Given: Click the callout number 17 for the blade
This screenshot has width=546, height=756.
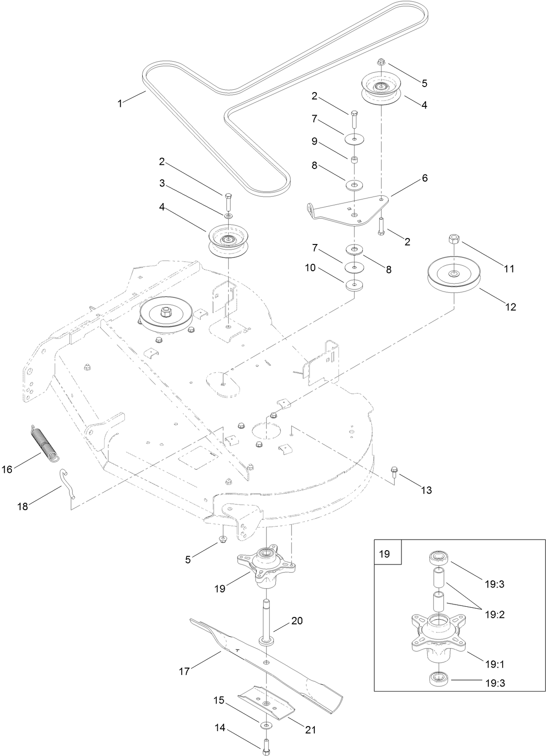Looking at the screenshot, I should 184,672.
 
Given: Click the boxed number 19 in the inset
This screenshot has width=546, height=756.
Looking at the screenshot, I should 384,553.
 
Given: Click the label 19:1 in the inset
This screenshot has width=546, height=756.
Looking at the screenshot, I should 495,664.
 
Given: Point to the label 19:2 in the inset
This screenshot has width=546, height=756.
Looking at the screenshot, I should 495,614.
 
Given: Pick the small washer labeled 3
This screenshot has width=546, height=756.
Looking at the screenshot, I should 228,215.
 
